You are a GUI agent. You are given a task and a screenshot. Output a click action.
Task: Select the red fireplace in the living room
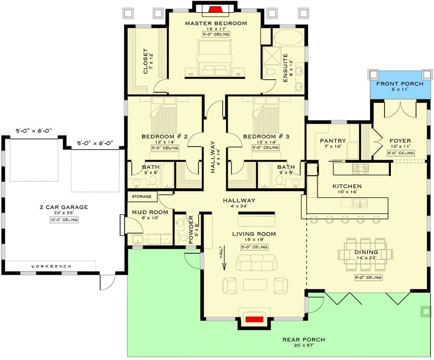click(x=255, y=319)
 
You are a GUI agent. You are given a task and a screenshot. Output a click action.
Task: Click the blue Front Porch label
click(x=399, y=84)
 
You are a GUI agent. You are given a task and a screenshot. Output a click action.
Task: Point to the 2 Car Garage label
click(x=63, y=207)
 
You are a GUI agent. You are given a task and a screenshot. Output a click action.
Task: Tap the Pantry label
click(x=333, y=141)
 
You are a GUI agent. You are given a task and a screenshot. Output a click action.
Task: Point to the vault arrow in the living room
click(x=224, y=260)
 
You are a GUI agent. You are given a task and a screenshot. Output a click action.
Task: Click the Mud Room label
click(x=150, y=212)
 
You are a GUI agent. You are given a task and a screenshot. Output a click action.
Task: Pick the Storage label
click(x=142, y=197)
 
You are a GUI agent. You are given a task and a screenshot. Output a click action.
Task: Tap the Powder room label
click(x=191, y=229)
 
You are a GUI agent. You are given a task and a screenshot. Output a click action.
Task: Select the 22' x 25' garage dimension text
click(x=63, y=213)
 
